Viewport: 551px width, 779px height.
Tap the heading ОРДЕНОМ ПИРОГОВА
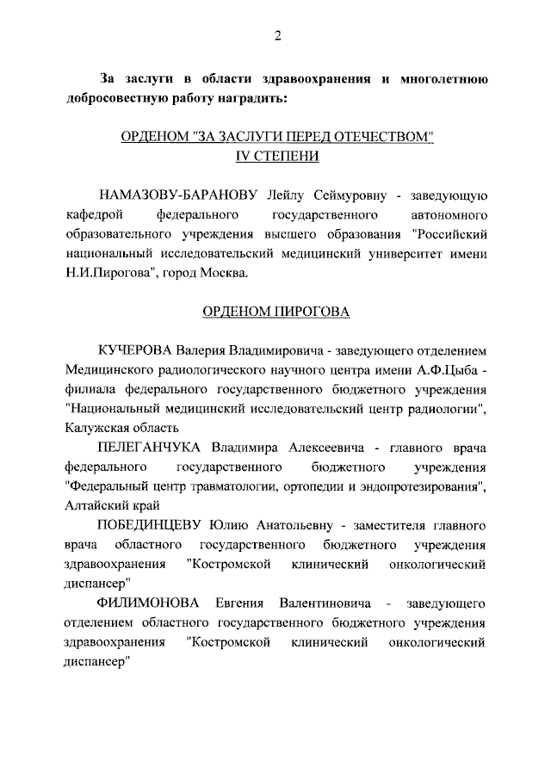pos(276,312)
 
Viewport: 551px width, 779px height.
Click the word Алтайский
pos(94,505)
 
